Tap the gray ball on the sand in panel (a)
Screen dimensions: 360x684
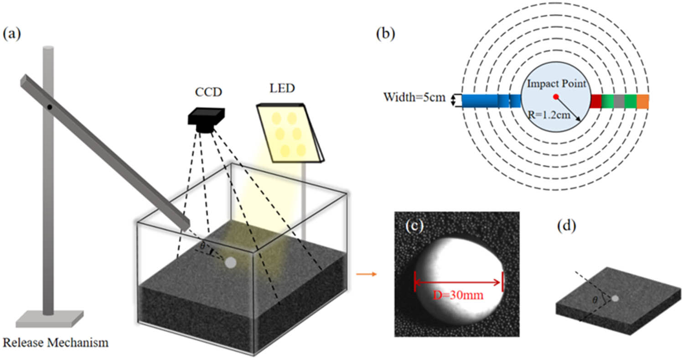(x=231, y=263)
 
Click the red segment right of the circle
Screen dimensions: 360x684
(x=596, y=101)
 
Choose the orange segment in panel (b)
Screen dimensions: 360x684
(x=643, y=101)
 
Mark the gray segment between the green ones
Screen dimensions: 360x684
(x=619, y=101)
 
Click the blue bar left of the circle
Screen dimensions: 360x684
(x=490, y=101)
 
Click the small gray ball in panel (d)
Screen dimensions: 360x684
(x=616, y=298)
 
